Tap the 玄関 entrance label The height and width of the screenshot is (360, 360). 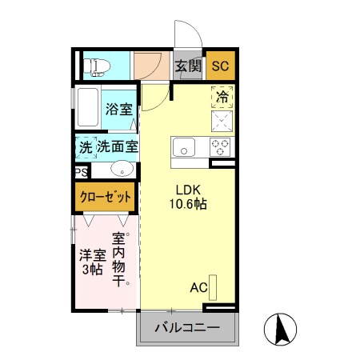(x=188, y=66)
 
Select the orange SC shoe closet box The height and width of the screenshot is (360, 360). (x=220, y=66)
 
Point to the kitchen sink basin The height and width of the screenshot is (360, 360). (x=184, y=147)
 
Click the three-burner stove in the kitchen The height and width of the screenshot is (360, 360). (x=220, y=146)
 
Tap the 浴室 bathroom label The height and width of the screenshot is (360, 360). (x=119, y=108)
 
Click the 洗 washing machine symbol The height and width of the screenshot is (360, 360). (x=86, y=147)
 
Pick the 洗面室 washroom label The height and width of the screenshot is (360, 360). (x=118, y=147)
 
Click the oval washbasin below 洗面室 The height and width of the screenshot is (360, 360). (x=121, y=169)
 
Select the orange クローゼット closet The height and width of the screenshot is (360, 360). (x=104, y=196)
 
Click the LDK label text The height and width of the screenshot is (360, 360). (x=190, y=190)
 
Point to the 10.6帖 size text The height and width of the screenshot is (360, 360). (x=190, y=205)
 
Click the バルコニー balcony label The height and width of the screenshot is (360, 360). (x=189, y=329)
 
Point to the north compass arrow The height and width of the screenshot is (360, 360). (x=282, y=328)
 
